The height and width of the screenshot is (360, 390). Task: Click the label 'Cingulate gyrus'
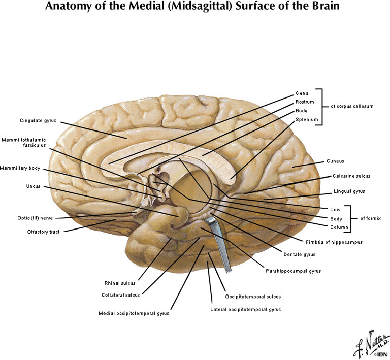tap(38, 121)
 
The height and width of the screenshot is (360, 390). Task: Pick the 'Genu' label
tap(302, 93)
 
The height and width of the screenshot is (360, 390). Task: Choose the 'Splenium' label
tap(307, 120)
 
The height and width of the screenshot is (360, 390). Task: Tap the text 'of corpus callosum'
tap(352, 107)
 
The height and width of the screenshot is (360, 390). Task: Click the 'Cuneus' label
tap(335, 161)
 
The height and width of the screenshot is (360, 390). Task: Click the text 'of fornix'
tap(370, 218)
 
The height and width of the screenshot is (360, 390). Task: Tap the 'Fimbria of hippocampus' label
tap(334, 242)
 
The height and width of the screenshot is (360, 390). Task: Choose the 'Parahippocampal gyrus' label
tap(293, 271)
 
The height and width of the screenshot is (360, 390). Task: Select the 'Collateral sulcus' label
tap(120, 294)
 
